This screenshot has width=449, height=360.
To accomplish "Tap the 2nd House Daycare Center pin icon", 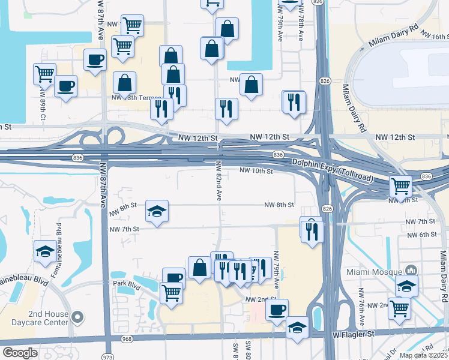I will [x=76, y=316].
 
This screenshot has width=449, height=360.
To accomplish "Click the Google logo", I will [x=20, y=353].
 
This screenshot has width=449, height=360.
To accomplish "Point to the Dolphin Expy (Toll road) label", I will [x=333, y=170].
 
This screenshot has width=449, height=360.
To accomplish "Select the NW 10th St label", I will [x=256, y=171].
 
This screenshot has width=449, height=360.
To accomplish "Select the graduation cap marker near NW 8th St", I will [x=157, y=211].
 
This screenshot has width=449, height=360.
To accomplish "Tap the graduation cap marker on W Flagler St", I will [x=297, y=328].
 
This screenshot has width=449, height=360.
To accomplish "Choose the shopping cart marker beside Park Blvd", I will [x=171, y=293].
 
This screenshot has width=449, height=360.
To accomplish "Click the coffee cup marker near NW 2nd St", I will [x=277, y=310].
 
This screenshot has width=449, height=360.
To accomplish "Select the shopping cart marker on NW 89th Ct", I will [x=44, y=74].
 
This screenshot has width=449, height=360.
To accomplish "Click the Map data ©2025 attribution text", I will [x=423, y=355].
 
